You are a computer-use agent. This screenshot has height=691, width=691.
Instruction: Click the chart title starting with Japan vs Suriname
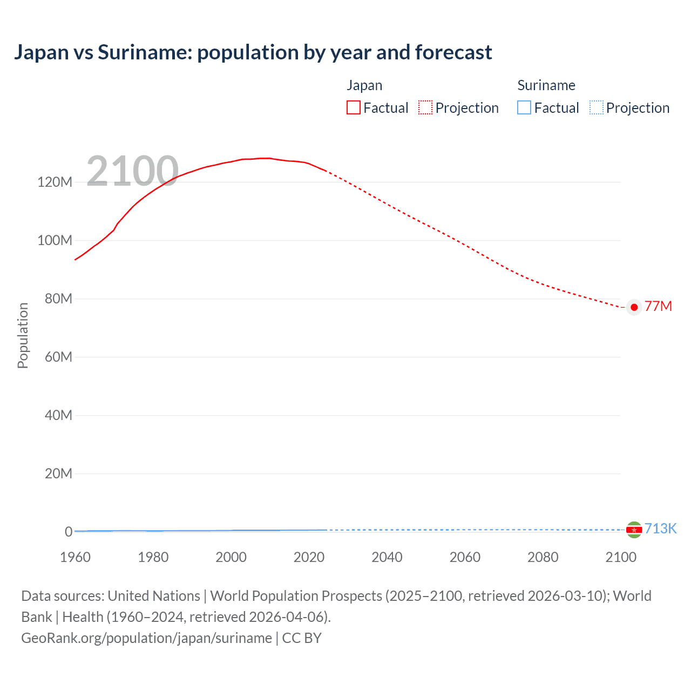(253, 52)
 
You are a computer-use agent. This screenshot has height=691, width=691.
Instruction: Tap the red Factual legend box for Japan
(353, 107)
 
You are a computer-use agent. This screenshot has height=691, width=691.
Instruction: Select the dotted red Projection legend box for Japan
(425, 107)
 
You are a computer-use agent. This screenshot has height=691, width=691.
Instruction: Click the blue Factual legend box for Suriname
(524, 107)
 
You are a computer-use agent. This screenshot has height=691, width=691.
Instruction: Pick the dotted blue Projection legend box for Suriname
(596, 107)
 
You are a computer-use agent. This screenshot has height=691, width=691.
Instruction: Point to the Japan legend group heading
(364, 85)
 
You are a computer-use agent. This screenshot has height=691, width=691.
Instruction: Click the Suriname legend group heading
(546, 85)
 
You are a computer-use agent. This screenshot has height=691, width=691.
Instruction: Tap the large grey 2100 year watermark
(132, 171)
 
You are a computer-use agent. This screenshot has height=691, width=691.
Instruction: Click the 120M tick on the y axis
(55, 182)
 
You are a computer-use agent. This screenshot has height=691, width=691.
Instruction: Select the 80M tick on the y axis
(58, 299)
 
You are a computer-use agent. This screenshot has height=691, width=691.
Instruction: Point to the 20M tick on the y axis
(58, 473)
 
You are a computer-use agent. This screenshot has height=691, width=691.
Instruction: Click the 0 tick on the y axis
(68, 532)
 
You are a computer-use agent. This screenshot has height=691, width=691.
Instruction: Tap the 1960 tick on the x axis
(75, 557)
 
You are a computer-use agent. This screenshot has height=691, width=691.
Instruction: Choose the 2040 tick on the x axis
(387, 557)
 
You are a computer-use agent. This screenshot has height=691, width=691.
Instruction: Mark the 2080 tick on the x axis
(543, 557)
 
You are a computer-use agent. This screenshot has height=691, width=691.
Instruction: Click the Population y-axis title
(23, 335)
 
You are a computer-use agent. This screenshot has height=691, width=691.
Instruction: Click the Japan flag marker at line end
(634, 307)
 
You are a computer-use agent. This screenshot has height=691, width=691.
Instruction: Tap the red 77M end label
(658, 307)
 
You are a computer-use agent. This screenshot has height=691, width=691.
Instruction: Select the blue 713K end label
(660, 529)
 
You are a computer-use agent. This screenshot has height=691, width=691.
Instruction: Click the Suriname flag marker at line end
(634, 530)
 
